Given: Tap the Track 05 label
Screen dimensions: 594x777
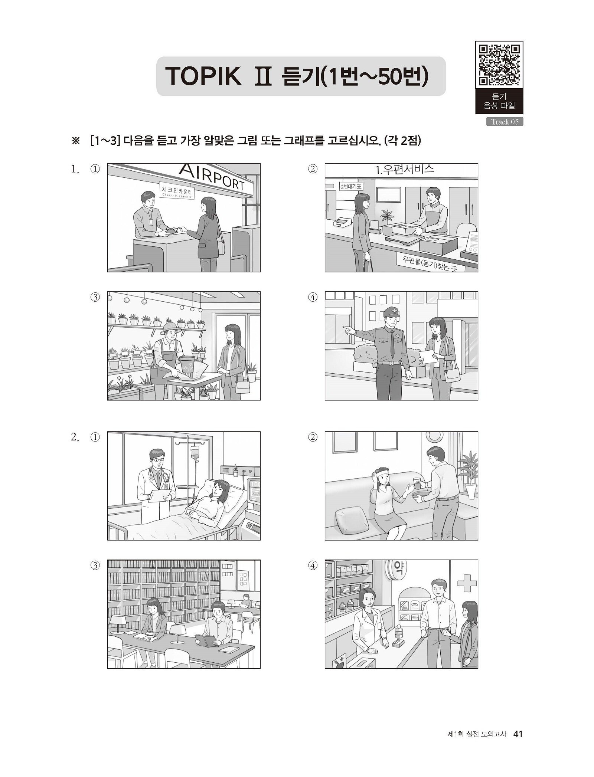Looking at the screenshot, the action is [x=505, y=122].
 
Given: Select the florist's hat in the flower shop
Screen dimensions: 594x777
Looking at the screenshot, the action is [x=170, y=327].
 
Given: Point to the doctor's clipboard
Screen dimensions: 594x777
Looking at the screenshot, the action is [x=160, y=494].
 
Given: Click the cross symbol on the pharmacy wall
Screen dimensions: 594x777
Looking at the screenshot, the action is [x=467, y=584].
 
